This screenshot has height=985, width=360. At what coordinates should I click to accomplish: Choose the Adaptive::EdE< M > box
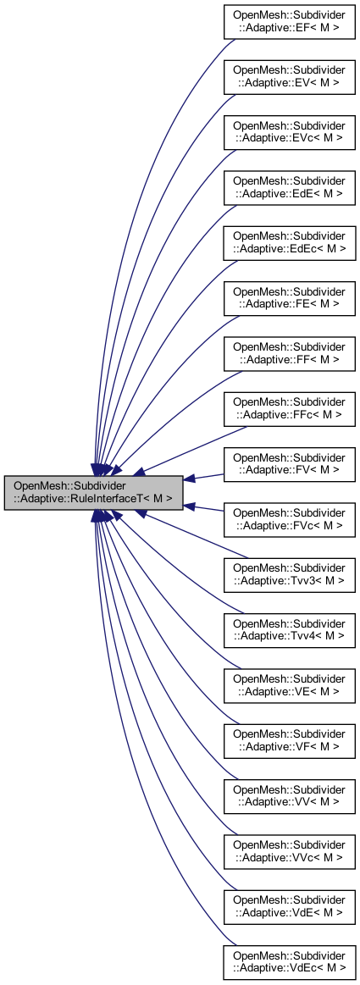tap(289, 186)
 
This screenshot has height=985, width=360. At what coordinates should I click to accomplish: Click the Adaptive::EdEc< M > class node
tap(289, 241)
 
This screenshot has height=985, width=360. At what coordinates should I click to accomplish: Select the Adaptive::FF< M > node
tap(289, 352)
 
